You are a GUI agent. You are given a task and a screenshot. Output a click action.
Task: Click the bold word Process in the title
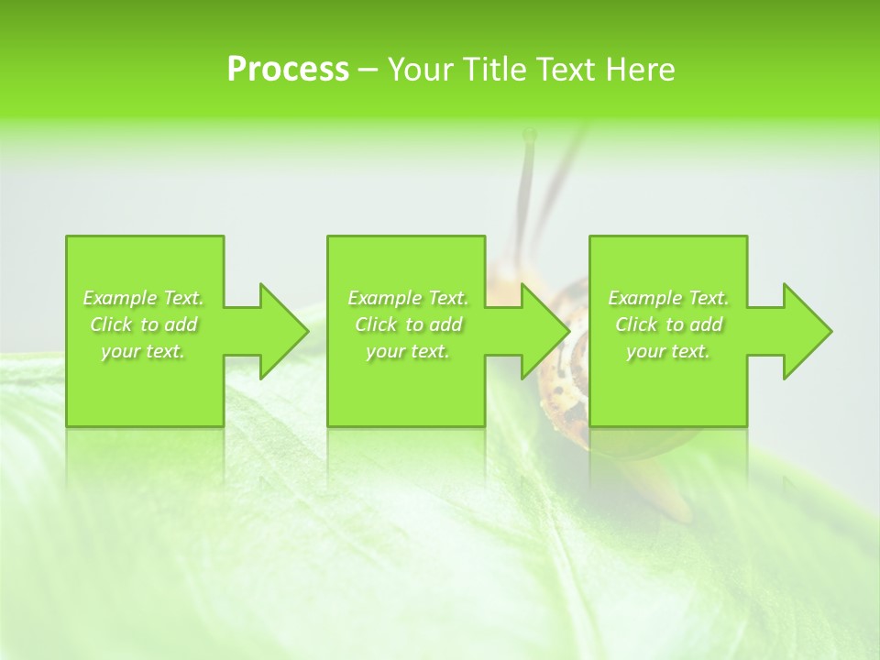tap(288, 70)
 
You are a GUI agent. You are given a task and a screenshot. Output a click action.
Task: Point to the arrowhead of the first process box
tap(283, 331)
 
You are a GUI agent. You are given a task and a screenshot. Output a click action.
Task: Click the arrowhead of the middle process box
tap(545, 331)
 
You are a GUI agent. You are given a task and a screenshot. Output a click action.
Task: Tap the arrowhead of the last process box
tap(807, 331)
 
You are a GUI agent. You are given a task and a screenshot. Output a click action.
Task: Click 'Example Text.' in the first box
tap(143, 298)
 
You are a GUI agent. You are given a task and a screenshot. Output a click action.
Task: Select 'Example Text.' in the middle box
tap(408, 298)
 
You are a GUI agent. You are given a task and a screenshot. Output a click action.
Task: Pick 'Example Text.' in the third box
tap(668, 298)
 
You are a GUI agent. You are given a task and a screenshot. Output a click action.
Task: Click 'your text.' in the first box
tap(143, 351)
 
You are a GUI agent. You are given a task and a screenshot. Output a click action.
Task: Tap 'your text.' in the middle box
tap(408, 351)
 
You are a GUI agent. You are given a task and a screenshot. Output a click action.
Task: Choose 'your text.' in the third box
tap(668, 351)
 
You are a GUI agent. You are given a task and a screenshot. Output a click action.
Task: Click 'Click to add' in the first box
tap(143, 324)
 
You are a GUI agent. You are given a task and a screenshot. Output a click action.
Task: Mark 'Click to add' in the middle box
tap(408, 324)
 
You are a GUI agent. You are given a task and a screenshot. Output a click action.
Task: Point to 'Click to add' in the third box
tap(668, 324)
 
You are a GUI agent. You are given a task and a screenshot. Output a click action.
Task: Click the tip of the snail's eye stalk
tap(529, 135)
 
